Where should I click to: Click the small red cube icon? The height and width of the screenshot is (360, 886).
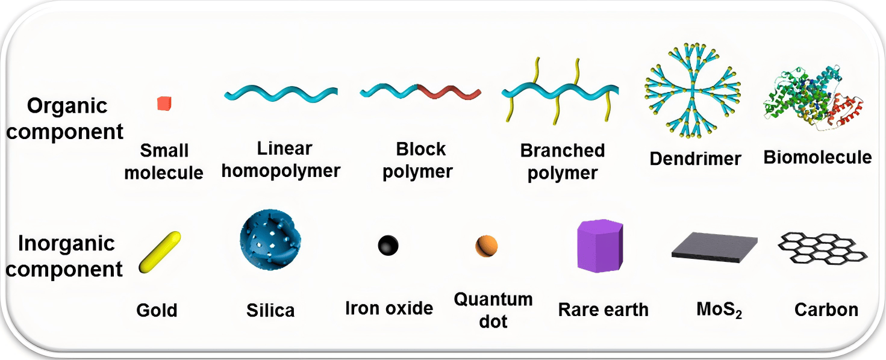(x=164, y=104)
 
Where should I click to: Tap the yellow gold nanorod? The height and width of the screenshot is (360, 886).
(x=160, y=251)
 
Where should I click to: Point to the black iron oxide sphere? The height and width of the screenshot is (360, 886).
(x=388, y=246)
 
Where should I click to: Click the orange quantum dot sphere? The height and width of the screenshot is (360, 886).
(x=487, y=246)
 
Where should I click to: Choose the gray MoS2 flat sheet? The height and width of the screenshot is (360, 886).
(x=714, y=247)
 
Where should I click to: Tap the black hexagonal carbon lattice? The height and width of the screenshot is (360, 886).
(x=823, y=249)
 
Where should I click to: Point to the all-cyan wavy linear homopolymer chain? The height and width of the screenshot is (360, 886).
(x=281, y=95)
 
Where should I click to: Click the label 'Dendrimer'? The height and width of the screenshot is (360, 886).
(x=695, y=159)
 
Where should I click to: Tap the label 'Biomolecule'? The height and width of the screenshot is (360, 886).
(x=817, y=158)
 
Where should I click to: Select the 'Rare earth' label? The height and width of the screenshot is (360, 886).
(x=603, y=310)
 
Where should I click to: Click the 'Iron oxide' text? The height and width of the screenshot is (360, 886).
(x=388, y=309)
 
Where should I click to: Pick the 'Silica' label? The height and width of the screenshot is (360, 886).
(x=270, y=311)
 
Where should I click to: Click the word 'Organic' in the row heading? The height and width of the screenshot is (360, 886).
(x=67, y=107)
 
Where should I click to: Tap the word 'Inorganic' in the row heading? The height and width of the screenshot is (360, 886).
(x=66, y=244)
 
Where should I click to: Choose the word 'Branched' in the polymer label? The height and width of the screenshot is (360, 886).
(x=562, y=151)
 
